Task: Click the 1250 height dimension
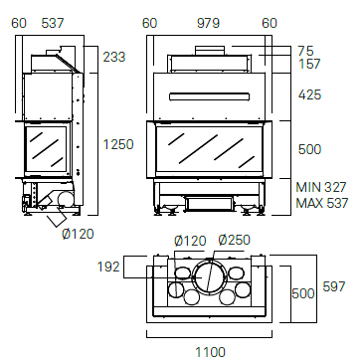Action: [x=118, y=144]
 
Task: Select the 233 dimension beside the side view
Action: [x=114, y=57]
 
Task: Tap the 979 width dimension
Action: [x=208, y=23]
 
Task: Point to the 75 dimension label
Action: [x=305, y=51]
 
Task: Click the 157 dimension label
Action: [x=309, y=64]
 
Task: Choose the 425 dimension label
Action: [x=309, y=95]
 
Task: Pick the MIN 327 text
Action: [x=321, y=188]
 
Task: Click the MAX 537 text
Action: [x=322, y=203]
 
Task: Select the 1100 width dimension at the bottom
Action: [x=211, y=352]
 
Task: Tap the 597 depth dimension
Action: [x=334, y=286]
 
